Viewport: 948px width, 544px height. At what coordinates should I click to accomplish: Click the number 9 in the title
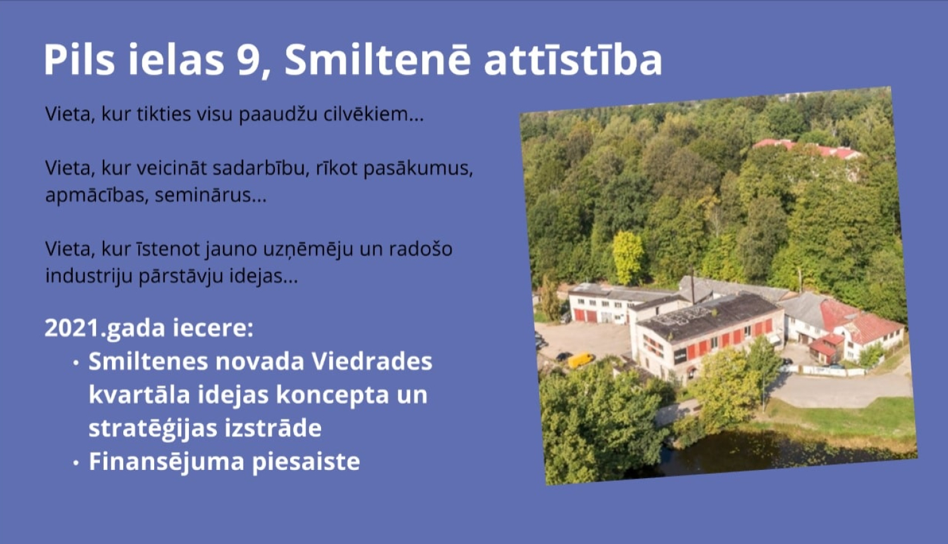click(248, 60)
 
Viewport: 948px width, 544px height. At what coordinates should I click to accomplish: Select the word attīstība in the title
click(573, 60)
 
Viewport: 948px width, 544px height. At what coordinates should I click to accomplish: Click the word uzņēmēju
click(308, 249)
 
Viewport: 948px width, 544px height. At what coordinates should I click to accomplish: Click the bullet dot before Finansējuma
click(76, 463)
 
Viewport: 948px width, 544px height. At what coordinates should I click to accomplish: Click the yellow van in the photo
click(580, 360)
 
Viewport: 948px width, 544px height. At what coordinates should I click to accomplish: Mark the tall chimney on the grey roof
click(693, 288)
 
